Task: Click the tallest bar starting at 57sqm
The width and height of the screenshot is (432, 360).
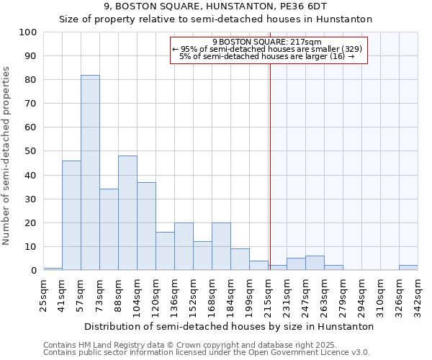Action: tap(90, 173)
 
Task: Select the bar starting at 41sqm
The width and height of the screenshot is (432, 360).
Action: tap(71, 215)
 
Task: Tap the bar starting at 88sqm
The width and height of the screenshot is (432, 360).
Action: tap(127, 213)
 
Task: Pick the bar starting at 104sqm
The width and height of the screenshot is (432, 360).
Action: tap(146, 226)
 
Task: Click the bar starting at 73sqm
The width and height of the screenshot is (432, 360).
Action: tap(109, 230)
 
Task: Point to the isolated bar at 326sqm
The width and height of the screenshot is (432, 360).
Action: tap(408, 268)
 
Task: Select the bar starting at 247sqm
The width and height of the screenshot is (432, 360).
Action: tap(315, 264)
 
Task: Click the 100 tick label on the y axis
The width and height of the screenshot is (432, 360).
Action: tap(28, 32)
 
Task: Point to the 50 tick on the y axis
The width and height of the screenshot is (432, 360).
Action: tap(30, 151)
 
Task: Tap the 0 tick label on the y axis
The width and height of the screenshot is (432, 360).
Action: tap(34, 271)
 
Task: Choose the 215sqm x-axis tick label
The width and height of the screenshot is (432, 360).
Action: tap(269, 295)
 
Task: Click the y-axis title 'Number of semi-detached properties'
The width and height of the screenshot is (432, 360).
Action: tap(7, 155)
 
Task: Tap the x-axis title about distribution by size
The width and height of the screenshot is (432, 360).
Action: tap(229, 326)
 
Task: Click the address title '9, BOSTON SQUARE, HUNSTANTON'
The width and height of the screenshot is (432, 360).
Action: tap(215, 6)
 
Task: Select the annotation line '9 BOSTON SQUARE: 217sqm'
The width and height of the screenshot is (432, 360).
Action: tap(267, 42)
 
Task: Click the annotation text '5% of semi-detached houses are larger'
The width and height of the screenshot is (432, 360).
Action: tap(267, 56)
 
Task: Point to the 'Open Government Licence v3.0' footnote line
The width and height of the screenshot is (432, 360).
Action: tap(206, 353)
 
